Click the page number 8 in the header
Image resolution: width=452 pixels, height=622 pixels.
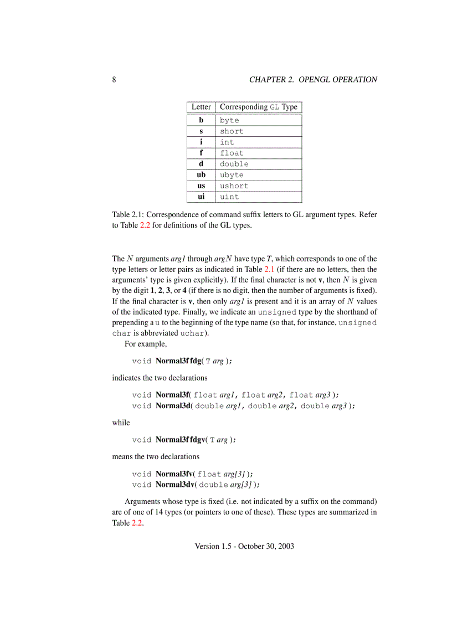click(114, 79)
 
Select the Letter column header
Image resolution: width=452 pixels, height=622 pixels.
click(201, 107)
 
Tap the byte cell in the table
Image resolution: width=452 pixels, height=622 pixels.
click(229, 120)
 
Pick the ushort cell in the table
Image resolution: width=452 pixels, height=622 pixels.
click(234, 186)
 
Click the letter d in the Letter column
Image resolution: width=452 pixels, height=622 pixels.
click(201, 164)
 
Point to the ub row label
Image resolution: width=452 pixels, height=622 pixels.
click(201, 175)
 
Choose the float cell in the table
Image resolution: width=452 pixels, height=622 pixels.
click(232, 153)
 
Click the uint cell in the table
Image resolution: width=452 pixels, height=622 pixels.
click(229, 197)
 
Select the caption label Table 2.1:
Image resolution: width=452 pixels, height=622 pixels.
click(128, 214)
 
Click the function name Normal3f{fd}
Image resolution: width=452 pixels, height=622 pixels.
click(179, 361)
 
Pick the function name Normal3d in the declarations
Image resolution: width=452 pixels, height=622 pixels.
click(173, 405)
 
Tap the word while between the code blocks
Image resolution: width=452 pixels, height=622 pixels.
click(121, 423)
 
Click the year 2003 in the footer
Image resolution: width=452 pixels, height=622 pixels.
click(285, 546)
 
